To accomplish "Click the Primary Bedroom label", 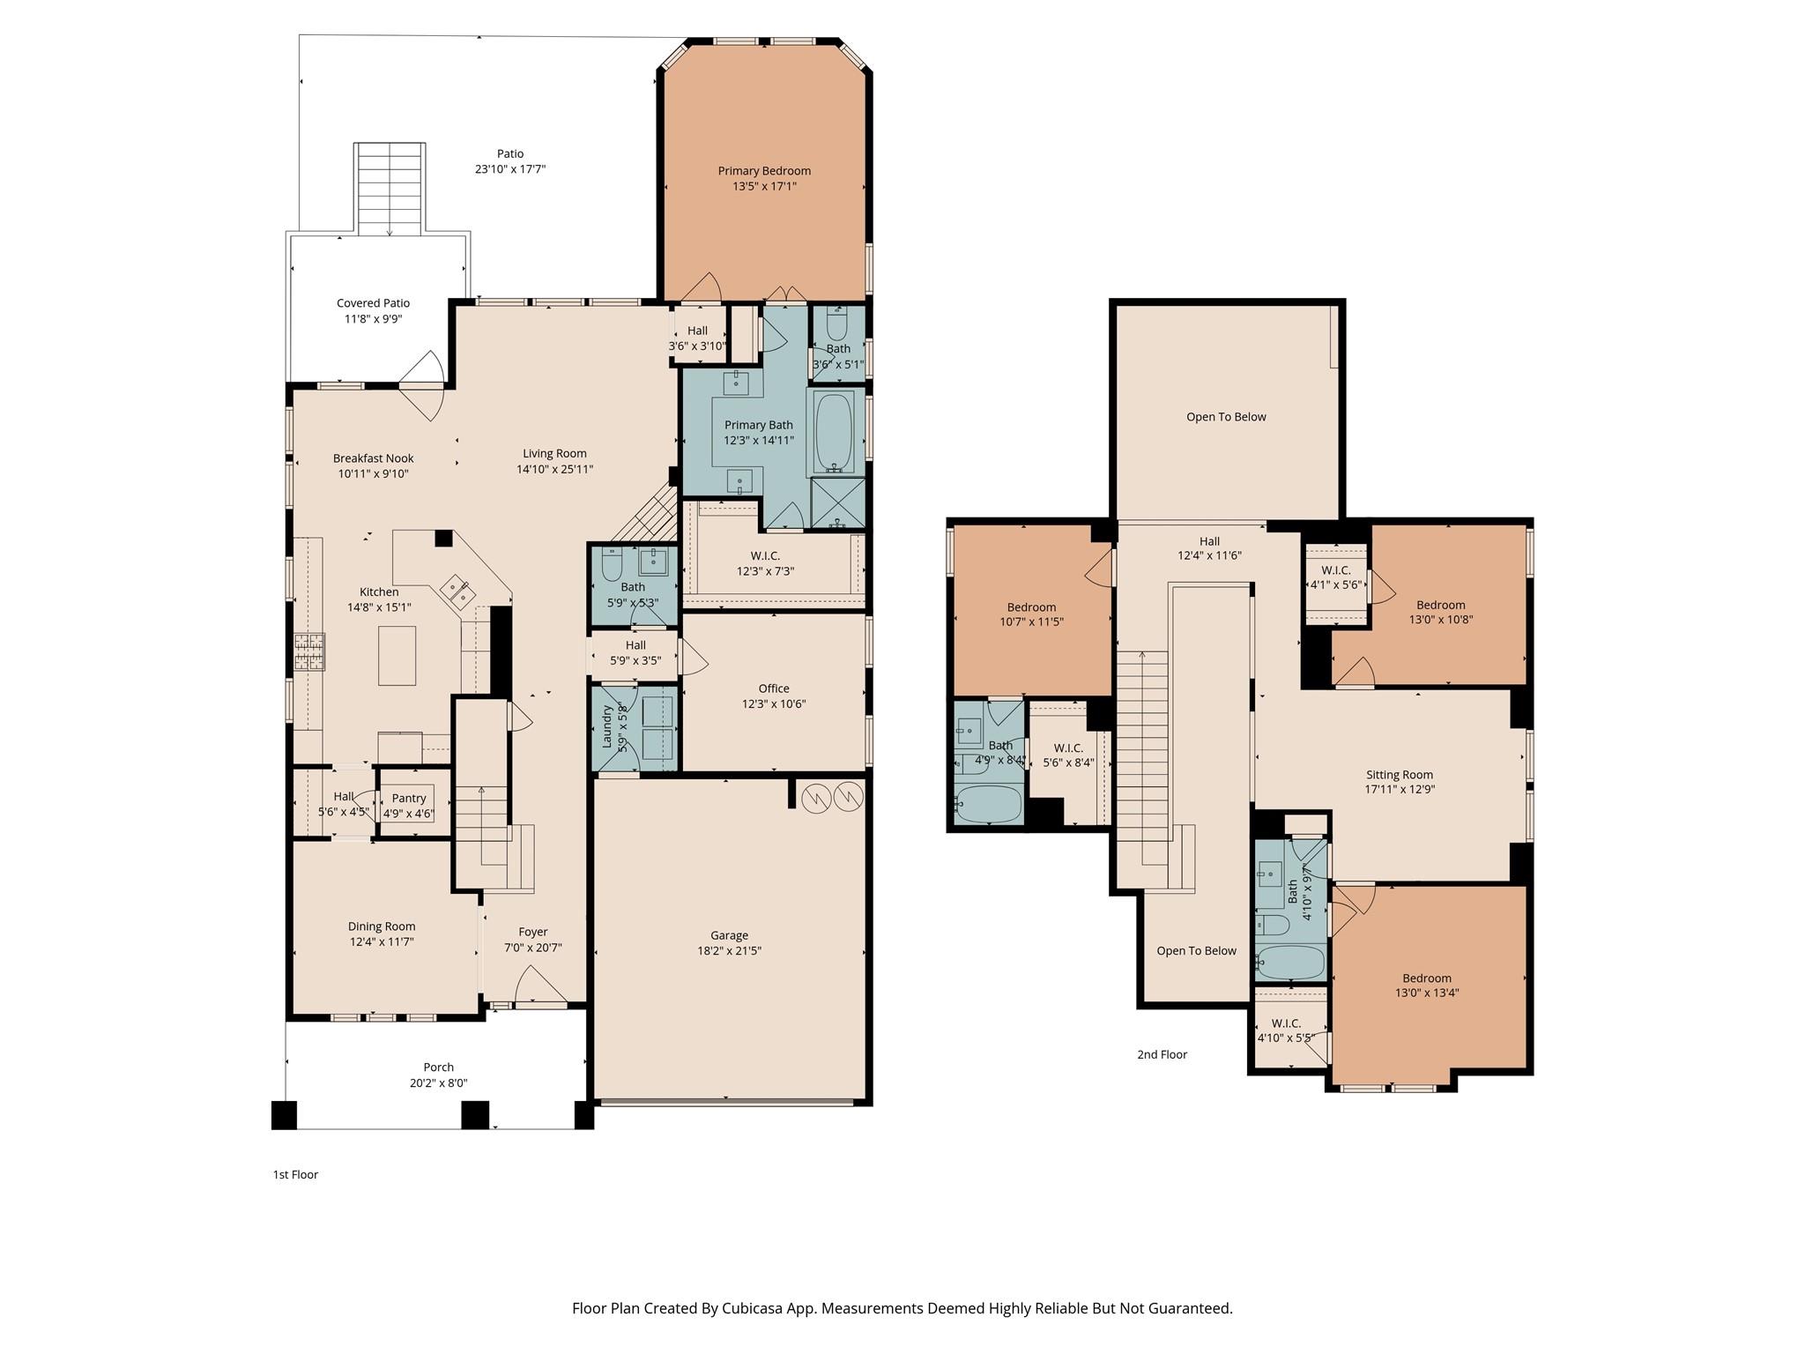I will pyautogui.click(x=764, y=171).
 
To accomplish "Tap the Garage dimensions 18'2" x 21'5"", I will pyautogui.click(x=729, y=951).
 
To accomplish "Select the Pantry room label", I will pyautogui.click(x=409, y=799).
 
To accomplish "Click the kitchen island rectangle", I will pyautogui.click(x=397, y=655).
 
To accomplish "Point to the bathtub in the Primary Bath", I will pyautogui.click(x=833, y=434).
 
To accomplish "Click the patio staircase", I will pyautogui.click(x=390, y=189).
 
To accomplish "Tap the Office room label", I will pyautogui.click(x=774, y=688).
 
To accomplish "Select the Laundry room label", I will pyautogui.click(x=607, y=726).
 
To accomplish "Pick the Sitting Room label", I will pyautogui.click(x=1400, y=775).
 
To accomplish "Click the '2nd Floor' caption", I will pyautogui.click(x=1162, y=1054).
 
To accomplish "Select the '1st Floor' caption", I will pyautogui.click(x=295, y=1174).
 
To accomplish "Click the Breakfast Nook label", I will pyautogui.click(x=373, y=458).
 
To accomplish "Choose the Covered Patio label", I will pyautogui.click(x=373, y=303).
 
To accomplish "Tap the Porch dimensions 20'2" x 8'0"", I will pyautogui.click(x=438, y=1083).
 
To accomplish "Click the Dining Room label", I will pyautogui.click(x=381, y=926).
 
